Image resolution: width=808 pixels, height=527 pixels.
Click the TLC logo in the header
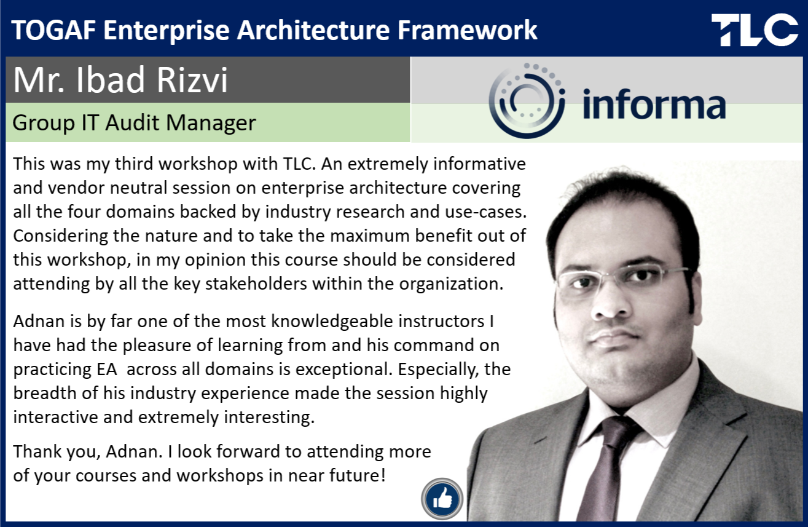coord(755,30)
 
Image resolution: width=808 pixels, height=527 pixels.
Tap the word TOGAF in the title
coord(53,30)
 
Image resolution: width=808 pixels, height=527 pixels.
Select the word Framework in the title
coord(468,30)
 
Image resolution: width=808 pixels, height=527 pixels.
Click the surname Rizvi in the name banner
coord(192,80)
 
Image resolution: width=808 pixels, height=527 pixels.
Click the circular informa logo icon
coord(527,101)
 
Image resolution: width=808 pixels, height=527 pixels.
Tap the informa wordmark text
coord(654,105)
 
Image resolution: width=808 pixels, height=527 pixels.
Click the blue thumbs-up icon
coord(442,499)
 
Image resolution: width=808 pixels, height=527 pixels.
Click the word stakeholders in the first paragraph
coord(256,283)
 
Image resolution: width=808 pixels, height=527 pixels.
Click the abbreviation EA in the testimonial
coord(107,369)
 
